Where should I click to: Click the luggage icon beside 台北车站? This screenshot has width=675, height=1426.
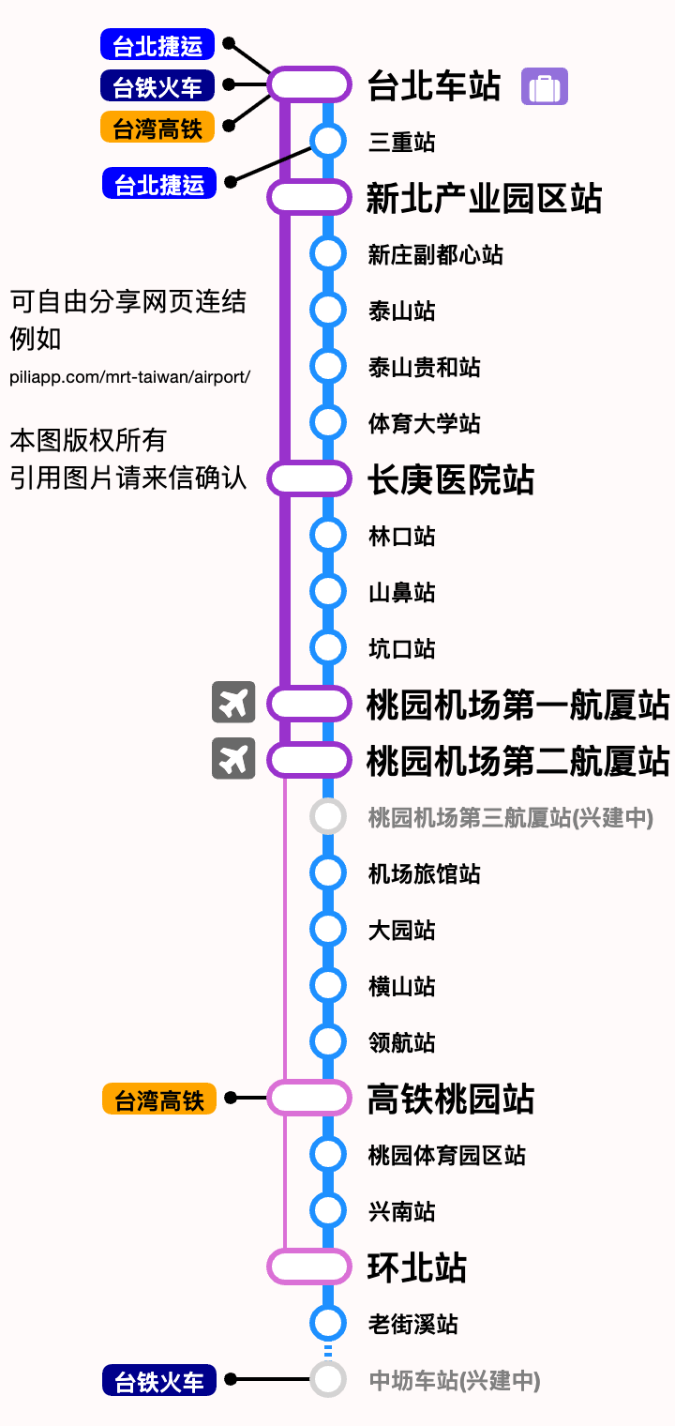pyautogui.click(x=545, y=87)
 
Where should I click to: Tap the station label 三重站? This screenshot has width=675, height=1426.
pyautogui.click(x=401, y=143)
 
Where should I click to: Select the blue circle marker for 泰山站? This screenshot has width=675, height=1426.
pyautogui.click(x=328, y=311)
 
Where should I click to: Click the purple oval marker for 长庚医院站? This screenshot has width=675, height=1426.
pyautogui.click(x=309, y=478)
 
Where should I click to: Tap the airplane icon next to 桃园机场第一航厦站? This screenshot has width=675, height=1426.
pyautogui.click(x=233, y=703)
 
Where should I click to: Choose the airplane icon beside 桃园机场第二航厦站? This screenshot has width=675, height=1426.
pyautogui.click(x=233, y=759)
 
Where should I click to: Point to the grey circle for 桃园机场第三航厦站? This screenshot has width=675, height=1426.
pyautogui.click(x=328, y=816)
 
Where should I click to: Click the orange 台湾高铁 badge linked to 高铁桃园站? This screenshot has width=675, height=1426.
pyautogui.click(x=159, y=1099)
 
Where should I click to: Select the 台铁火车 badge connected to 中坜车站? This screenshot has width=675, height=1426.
pyautogui.click(x=159, y=1381)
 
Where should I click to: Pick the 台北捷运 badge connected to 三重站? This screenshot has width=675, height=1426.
pyautogui.click(x=159, y=184)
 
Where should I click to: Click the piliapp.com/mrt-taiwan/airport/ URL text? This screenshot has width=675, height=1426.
pyautogui.click(x=130, y=377)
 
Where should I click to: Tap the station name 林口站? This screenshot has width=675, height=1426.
pyautogui.click(x=401, y=537)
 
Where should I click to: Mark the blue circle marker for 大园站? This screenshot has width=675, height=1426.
pyautogui.click(x=328, y=929)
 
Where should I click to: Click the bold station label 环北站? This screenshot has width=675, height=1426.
pyautogui.click(x=416, y=1267)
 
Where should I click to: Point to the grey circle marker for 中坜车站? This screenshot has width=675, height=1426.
pyautogui.click(x=328, y=1379)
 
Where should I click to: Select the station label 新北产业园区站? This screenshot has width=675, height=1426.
pyautogui.click(x=484, y=199)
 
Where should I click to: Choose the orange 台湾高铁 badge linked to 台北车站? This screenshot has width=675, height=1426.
pyautogui.click(x=157, y=127)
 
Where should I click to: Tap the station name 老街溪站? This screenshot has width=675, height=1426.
pyautogui.click(x=412, y=1325)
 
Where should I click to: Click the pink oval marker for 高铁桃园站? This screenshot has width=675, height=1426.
pyautogui.click(x=309, y=1098)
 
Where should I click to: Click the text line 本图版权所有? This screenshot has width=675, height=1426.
pyautogui.click(x=88, y=439)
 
